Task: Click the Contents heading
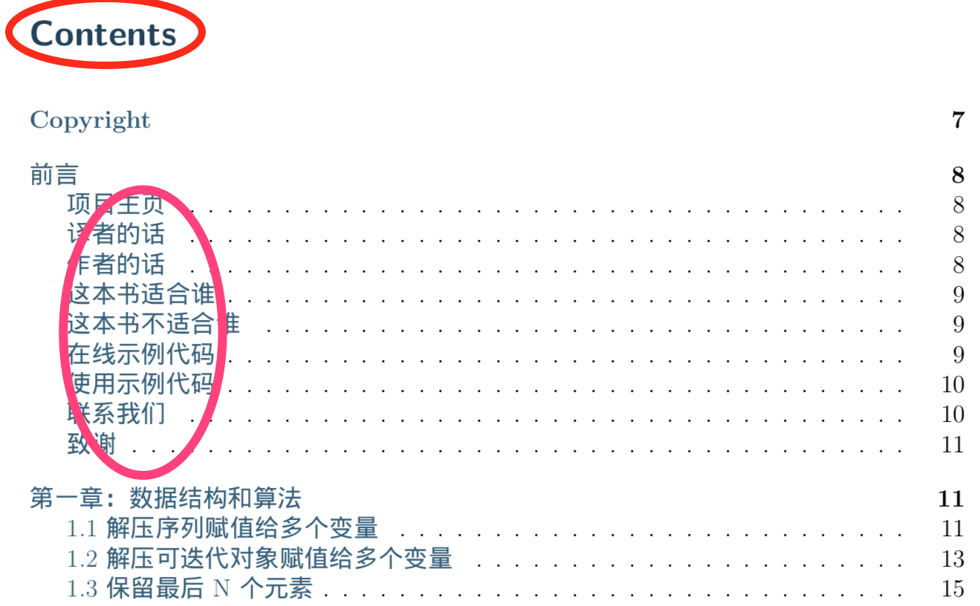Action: (x=103, y=34)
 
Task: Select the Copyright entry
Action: (x=90, y=120)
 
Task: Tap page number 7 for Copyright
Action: (x=957, y=120)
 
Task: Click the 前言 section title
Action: (x=53, y=175)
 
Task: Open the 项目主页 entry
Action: (x=115, y=205)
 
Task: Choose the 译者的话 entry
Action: (x=115, y=235)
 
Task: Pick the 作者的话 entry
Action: (x=115, y=265)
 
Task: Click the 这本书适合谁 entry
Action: (x=140, y=295)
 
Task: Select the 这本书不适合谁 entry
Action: (x=153, y=325)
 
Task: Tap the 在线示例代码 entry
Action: (x=140, y=354)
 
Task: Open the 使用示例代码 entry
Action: (x=140, y=384)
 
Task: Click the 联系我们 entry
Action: (x=115, y=414)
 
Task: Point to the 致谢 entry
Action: (x=91, y=445)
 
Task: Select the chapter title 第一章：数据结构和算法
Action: (x=165, y=498)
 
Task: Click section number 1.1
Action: (x=82, y=529)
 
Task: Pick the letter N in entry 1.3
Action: (x=221, y=590)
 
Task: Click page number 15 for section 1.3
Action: (x=953, y=589)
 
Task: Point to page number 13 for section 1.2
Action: (x=953, y=558)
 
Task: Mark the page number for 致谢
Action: (x=953, y=445)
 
